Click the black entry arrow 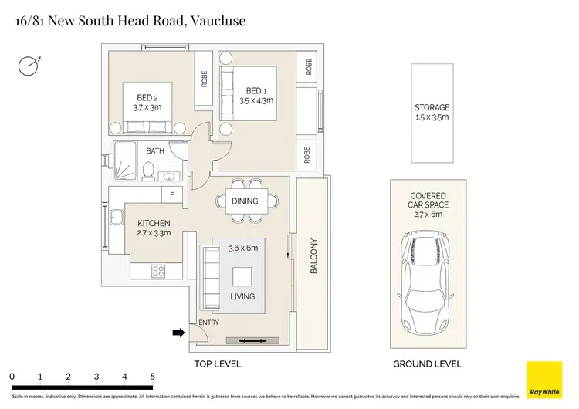tap(179, 333)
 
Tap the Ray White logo tap(544, 380)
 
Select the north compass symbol tap(29, 66)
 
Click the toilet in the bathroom tap(148, 171)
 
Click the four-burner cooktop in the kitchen tap(158, 272)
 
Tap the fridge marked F tap(172, 194)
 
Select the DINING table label tap(245, 201)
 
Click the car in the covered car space tap(425, 282)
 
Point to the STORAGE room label tap(432, 107)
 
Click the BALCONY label tap(313, 255)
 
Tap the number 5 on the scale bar tap(153, 377)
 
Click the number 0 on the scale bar tap(12, 377)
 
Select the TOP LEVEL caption tap(218, 364)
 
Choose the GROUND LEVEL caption tap(427, 364)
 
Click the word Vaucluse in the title tap(218, 21)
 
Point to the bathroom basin tap(170, 176)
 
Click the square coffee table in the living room tap(242, 276)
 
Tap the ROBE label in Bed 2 tap(205, 79)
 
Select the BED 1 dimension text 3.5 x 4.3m tap(256, 100)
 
